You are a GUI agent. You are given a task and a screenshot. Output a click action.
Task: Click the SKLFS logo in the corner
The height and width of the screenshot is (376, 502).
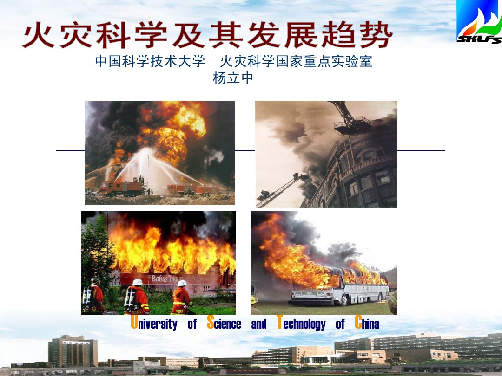[x=479, y=22]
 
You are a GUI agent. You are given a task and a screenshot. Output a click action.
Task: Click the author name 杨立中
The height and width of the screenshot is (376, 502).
[x=233, y=78]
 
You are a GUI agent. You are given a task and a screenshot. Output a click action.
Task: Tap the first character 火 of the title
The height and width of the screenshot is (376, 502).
[x=39, y=34]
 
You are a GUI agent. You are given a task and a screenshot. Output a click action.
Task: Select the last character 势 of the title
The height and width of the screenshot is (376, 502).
[x=376, y=34]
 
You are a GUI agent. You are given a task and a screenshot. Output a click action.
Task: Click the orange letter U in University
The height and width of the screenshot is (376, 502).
[x=134, y=322]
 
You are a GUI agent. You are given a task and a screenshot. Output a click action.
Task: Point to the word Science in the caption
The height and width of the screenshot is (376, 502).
[x=224, y=323]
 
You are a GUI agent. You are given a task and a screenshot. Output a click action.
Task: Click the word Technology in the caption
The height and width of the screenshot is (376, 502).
[x=301, y=323]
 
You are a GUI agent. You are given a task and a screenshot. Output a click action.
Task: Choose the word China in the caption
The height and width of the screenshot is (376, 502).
[x=367, y=323]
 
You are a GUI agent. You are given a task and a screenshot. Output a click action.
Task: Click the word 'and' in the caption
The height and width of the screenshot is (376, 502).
[x=259, y=324]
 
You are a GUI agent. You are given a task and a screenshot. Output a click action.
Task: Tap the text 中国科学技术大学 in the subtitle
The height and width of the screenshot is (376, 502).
[x=150, y=61]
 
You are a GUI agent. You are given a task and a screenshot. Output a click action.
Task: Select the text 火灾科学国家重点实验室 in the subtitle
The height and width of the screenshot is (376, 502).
[x=296, y=61]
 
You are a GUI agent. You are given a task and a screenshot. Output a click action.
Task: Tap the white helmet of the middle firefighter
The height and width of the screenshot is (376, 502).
[x=137, y=282]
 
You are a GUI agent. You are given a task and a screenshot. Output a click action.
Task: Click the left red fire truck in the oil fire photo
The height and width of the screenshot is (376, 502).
[x=121, y=188]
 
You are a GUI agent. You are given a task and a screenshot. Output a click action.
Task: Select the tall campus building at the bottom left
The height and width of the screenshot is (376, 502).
[x=73, y=351]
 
